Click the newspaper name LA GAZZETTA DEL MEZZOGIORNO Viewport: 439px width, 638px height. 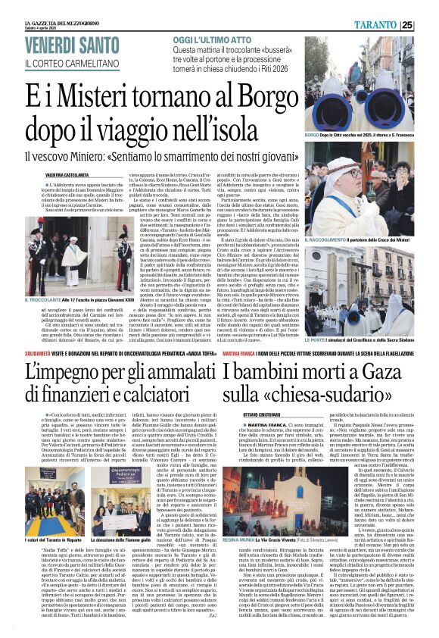45,5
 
